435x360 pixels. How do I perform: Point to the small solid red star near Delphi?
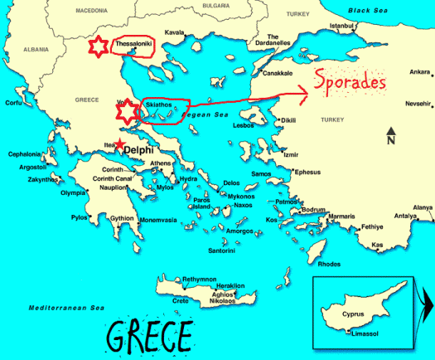(x=119, y=146)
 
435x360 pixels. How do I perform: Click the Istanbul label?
(x=342, y=25)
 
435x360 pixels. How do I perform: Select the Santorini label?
(x=221, y=250)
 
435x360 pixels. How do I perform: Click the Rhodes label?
(x=329, y=264)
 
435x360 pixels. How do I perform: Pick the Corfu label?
(x=13, y=103)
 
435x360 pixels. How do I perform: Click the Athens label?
(x=161, y=163)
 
